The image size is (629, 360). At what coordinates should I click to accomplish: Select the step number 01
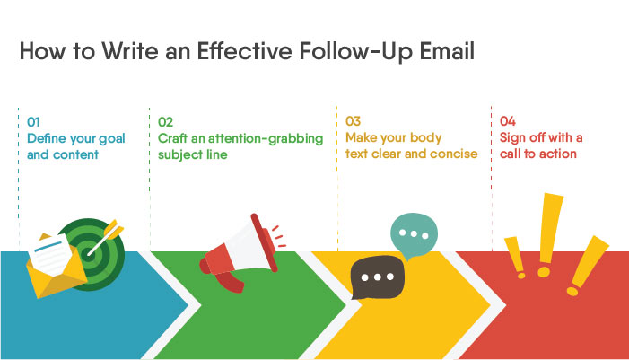(x=33, y=121)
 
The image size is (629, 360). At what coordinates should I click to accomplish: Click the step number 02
(x=165, y=121)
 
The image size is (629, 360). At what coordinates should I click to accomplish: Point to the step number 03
(x=353, y=121)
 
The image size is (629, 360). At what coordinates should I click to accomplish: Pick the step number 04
(x=508, y=121)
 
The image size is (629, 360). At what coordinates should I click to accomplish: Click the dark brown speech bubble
(x=377, y=278)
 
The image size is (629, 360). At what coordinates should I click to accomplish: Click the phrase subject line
(x=193, y=154)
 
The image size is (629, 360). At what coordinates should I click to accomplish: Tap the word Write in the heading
(x=116, y=51)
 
